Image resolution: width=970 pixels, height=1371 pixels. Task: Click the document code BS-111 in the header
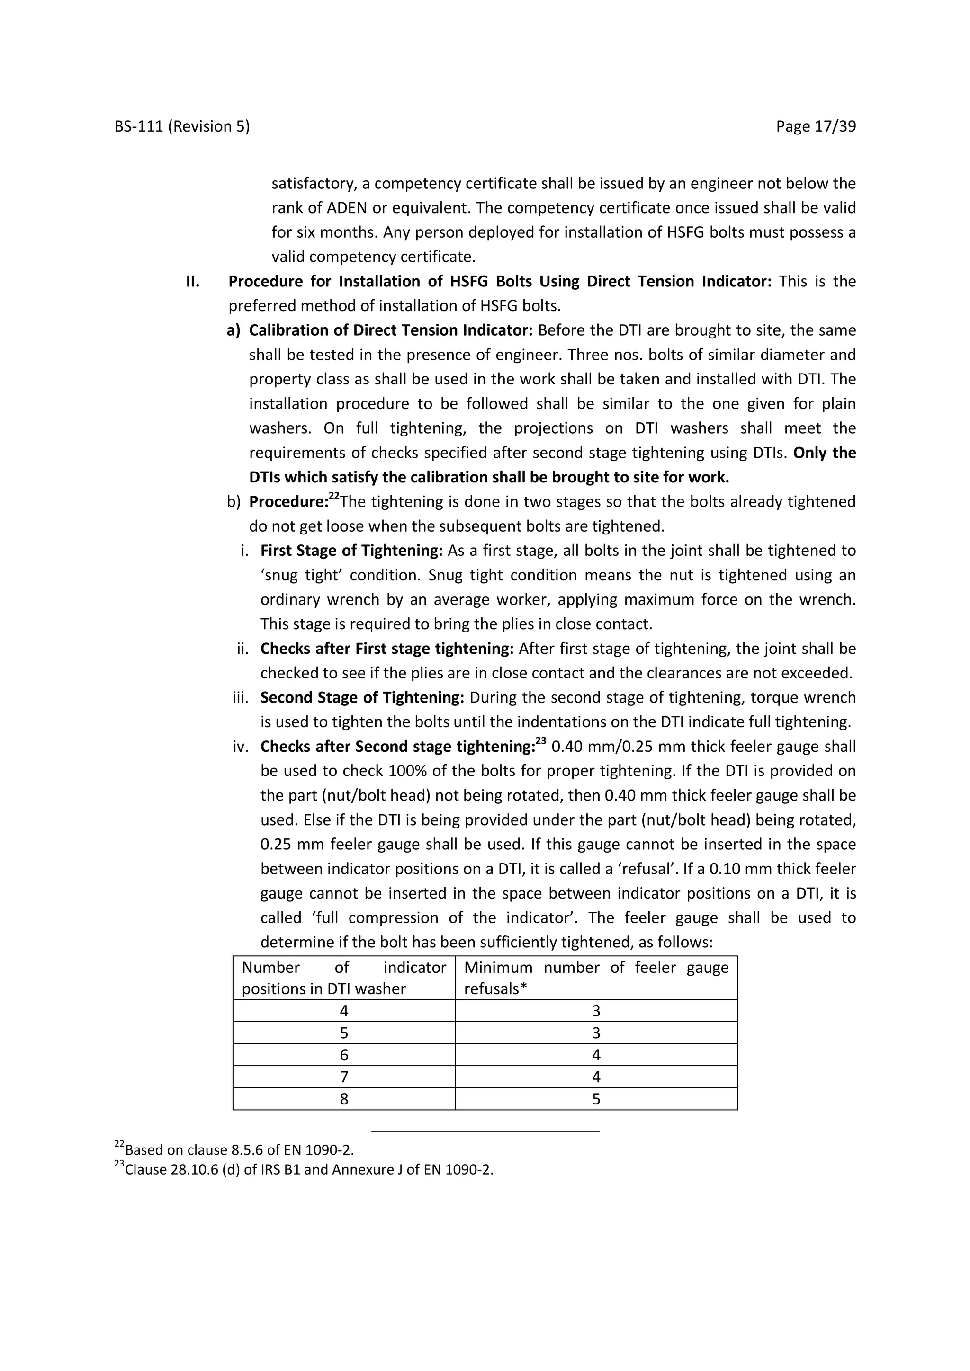click(139, 126)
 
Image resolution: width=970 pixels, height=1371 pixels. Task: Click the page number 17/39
click(835, 126)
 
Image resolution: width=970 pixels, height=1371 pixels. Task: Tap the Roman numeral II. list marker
click(192, 281)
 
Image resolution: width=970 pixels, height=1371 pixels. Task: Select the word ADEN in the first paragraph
click(348, 208)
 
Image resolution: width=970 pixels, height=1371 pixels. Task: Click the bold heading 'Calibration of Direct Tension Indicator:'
click(391, 330)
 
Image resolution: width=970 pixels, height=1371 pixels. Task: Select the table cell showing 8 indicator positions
click(344, 1099)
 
